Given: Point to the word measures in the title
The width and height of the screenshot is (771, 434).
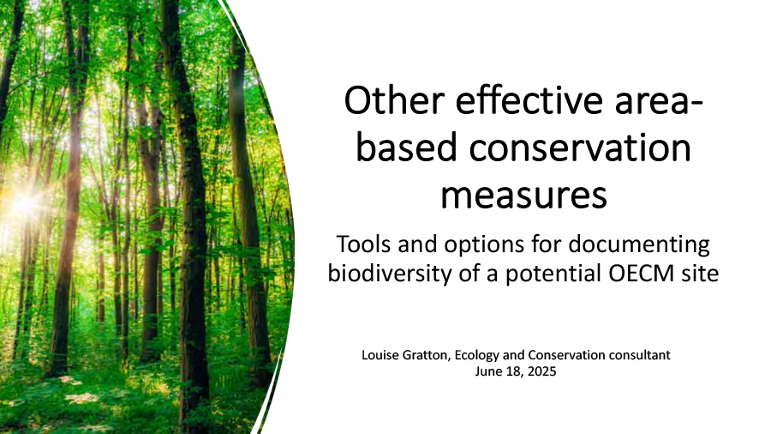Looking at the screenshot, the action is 523,195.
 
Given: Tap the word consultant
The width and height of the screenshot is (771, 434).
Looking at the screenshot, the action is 640,355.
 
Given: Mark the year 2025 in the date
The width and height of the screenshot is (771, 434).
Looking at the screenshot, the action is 542,371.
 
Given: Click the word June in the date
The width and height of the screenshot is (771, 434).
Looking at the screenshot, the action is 487,371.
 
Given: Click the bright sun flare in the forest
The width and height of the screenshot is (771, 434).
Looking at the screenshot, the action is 25,202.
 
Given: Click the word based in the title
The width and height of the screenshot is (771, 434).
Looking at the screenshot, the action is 407,148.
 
